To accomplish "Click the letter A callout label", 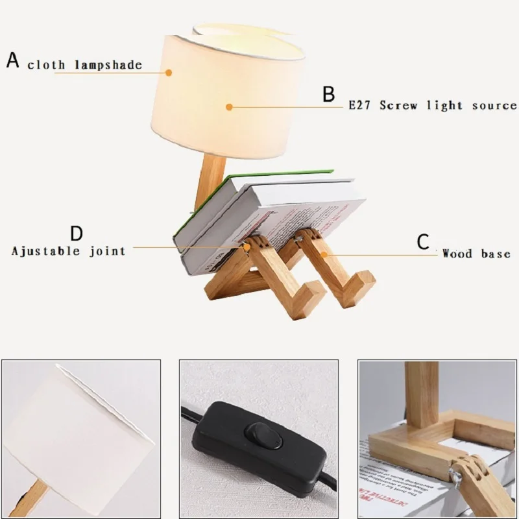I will click(x=13, y=60).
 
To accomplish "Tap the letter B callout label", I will click(x=330, y=94).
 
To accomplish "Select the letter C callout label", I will click(x=423, y=243).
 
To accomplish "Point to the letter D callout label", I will click(x=77, y=233).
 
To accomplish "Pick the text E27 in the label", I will click(x=359, y=105).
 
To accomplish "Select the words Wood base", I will click(x=476, y=254).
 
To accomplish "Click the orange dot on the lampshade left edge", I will click(x=169, y=73).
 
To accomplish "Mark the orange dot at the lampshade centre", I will click(x=229, y=108).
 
